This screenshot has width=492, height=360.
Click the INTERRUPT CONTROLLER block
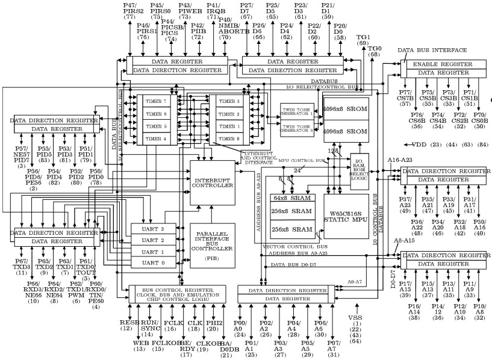(x=211, y=182)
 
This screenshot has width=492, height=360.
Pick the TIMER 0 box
(x=228, y=139)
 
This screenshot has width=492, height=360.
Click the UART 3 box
(x=152, y=229)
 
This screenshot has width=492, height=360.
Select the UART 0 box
(x=152, y=263)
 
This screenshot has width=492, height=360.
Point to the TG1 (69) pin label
(x=363, y=39)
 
